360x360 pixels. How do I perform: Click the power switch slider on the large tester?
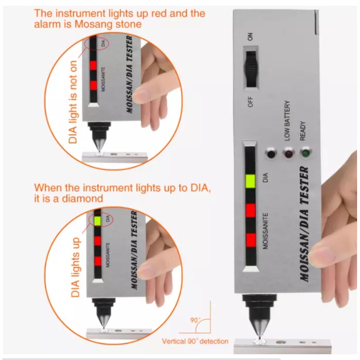(x=251, y=69)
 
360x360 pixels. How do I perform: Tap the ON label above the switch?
(x=251, y=36)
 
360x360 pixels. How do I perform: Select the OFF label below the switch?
(x=251, y=102)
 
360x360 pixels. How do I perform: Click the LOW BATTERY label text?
(x=287, y=121)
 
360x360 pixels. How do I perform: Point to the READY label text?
(x=303, y=131)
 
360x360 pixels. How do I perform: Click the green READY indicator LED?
(x=305, y=153)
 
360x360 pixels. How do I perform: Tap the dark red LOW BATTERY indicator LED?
(x=288, y=153)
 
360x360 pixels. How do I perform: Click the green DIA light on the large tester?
(x=251, y=181)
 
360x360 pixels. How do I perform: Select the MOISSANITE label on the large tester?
(x=265, y=231)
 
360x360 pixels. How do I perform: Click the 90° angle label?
(x=196, y=320)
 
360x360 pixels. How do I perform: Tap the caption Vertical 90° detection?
(x=195, y=341)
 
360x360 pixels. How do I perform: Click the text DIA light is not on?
(x=73, y=102)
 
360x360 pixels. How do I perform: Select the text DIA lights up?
(x=75, y=268)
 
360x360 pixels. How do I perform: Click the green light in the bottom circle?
(x=97, y=221)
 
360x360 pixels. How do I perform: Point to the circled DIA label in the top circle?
(x=103, y=43)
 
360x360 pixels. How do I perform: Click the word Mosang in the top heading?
(x=94, y=24)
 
